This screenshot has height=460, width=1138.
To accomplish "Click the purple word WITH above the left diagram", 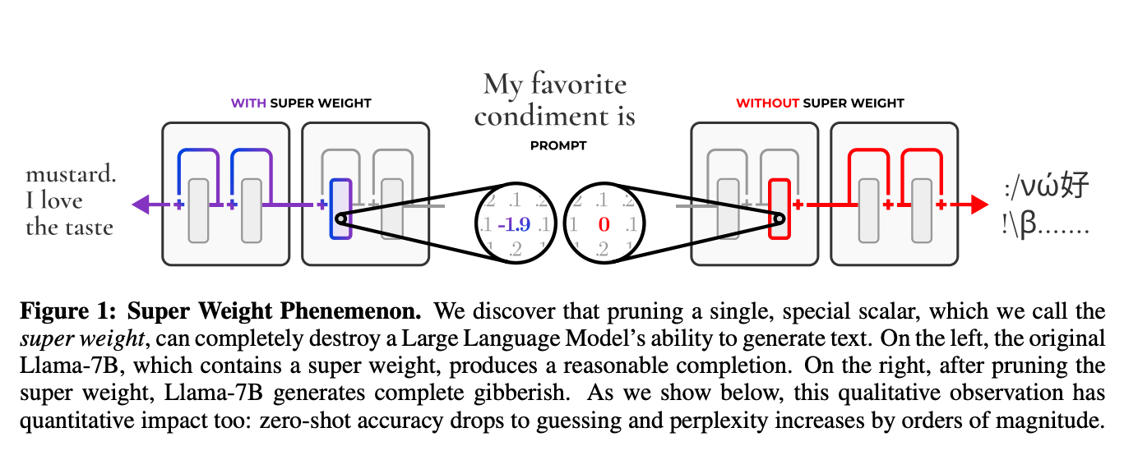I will coord(248,103).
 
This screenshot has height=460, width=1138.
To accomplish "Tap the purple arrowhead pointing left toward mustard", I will coord(141,204).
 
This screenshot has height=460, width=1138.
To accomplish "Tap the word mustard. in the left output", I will coord(71,174).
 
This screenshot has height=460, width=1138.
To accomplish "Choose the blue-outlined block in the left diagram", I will coord(340,209).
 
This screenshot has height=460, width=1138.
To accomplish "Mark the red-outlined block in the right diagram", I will coord(779,209).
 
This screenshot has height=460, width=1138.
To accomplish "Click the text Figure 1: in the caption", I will coord(54,312).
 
